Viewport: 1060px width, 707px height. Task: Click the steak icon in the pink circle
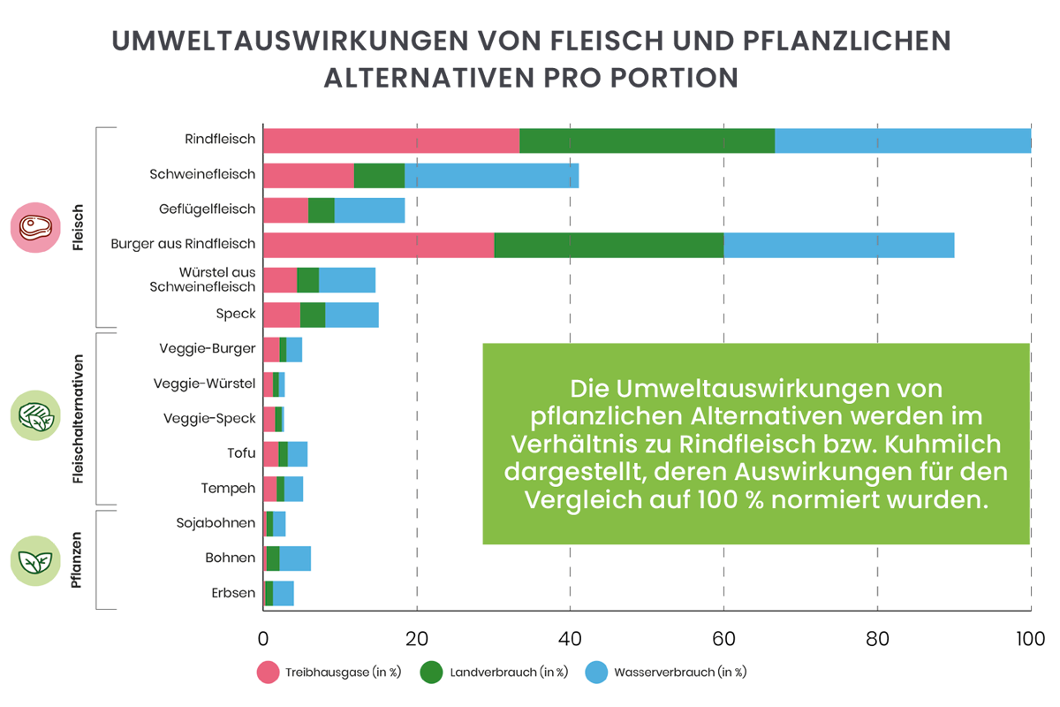[36, 229]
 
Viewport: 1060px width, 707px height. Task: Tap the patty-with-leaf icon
[36, 416]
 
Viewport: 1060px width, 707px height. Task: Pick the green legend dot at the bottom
[430, 673]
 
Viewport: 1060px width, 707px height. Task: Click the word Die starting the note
[589, 388]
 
